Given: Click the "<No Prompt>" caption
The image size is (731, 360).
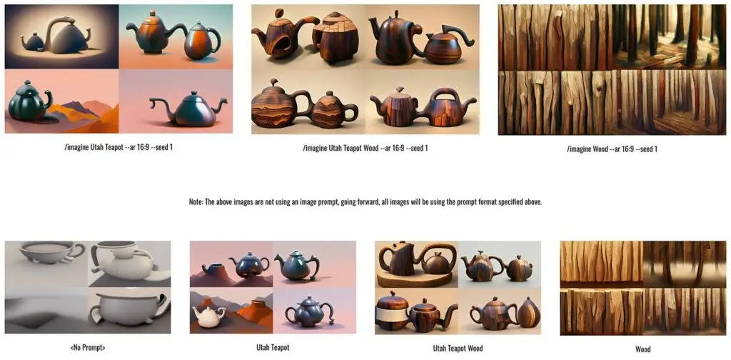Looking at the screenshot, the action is [87, 347].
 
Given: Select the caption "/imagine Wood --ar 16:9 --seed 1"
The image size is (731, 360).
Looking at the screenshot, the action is [612, 149].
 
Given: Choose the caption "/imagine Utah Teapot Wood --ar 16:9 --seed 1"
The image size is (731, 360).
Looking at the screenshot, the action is [365, 149].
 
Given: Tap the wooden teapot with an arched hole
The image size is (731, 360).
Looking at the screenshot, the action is [279, 36].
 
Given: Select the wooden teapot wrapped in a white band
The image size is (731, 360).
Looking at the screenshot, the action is [392, 312].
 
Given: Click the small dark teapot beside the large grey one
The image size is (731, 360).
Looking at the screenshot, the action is [33, 42].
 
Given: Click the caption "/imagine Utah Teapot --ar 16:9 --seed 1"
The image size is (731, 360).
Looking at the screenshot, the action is [119, 148].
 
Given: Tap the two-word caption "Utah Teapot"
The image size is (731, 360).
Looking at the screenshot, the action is [273, 347].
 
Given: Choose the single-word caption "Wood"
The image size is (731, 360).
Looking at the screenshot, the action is [643, 349].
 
